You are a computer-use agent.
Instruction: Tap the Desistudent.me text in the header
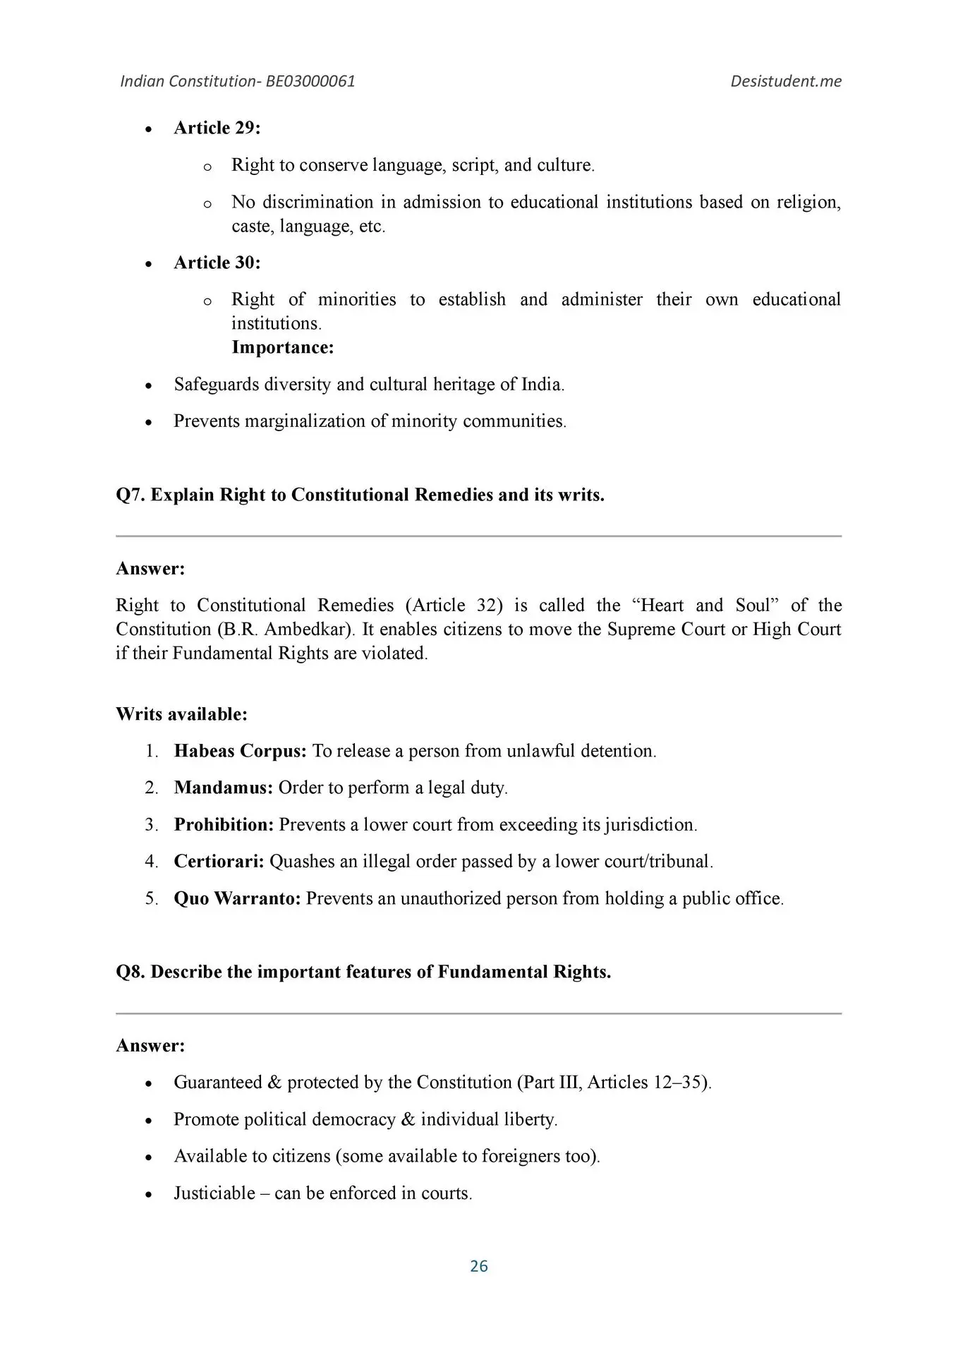pos(785,81)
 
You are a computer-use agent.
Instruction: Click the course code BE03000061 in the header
pos(310,81)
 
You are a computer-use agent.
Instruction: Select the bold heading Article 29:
pos(217,128)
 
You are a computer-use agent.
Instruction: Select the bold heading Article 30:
pos(217,263)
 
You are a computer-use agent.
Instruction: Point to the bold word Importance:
pos(282,347)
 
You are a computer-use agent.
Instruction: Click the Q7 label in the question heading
pos(131,495)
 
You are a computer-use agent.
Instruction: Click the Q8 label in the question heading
pos(131,972)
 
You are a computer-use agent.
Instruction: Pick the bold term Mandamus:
pos(223,788)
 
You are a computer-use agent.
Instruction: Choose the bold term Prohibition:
pos(224,824)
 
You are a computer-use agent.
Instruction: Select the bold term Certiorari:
pos(219,861)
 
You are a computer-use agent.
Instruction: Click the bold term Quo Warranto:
pos(237,898)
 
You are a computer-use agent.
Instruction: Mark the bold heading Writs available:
pos(181,714)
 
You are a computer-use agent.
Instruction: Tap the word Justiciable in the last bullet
pos(214,1193)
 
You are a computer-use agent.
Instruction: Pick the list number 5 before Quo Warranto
pos(151,898)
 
